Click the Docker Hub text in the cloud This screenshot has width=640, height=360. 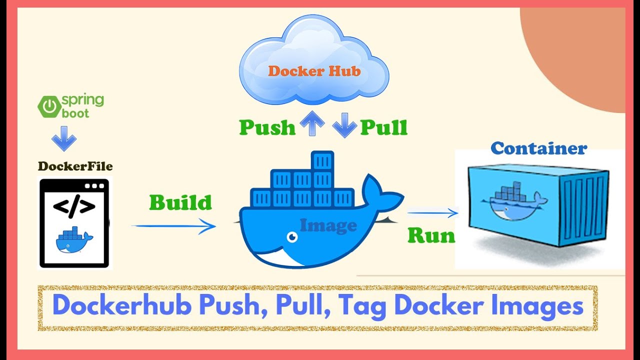coord(314,71)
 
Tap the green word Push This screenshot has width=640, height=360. coord(267,127)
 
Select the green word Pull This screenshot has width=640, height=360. coord(384,127)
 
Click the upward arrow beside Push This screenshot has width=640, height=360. coord(312,124)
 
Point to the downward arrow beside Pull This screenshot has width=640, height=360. coord(344,124)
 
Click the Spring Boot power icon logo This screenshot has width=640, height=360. coord(49,106)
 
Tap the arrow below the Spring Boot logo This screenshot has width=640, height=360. coord(64,138)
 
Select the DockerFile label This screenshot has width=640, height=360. coord(75,166)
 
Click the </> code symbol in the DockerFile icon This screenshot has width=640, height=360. coord(74,206)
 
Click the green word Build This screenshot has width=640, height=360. coord(180,202)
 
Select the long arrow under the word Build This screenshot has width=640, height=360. coord(173,226)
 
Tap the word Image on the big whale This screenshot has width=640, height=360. coord(328,225)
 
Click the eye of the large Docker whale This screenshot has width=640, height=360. coord(289,235)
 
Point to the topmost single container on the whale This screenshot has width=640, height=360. coord(322,160)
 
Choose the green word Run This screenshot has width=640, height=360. coord(431,235)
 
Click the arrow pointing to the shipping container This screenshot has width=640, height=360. coord(432,213)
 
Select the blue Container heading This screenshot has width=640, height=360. coord(538,148)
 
